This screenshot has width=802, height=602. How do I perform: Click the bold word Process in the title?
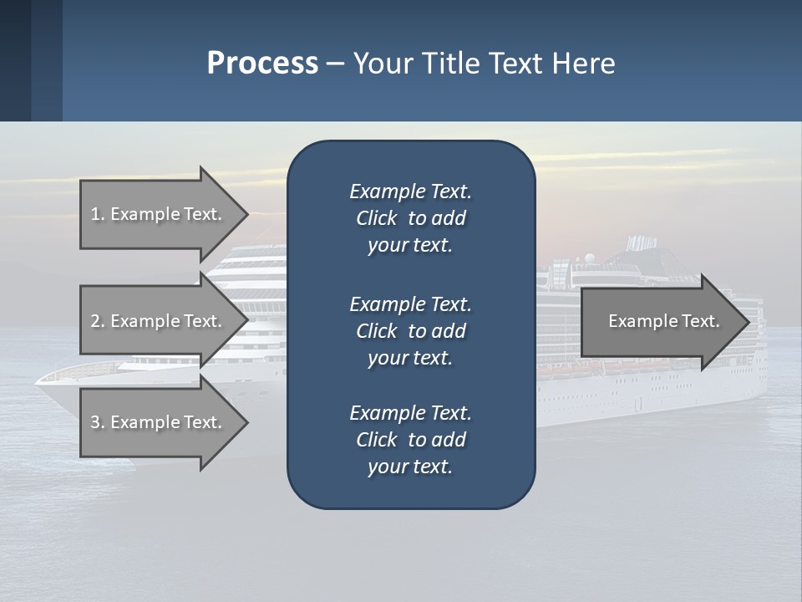point(262,63)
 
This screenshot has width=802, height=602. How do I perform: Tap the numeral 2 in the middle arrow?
point(95,321)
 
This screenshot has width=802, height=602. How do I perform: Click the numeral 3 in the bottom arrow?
point(95,422)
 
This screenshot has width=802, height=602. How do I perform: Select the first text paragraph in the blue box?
point(410,218)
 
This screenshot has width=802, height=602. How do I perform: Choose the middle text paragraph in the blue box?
point(410,331)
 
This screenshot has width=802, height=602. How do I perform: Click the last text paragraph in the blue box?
point(410,440)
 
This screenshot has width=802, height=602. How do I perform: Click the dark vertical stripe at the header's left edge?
point(15,60)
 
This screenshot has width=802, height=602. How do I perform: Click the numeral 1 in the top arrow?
point(95,214)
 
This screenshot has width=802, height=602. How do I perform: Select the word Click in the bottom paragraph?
point(376,440)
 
